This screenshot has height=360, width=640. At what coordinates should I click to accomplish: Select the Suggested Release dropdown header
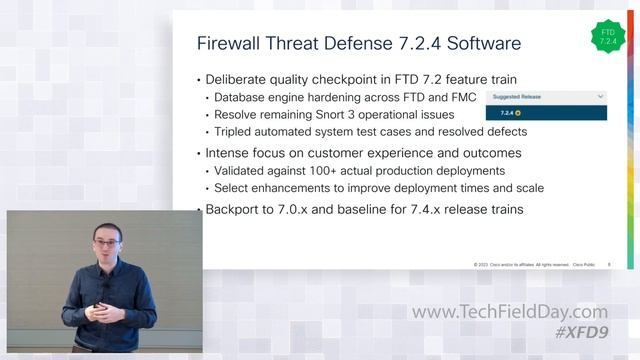(x=546, y=96)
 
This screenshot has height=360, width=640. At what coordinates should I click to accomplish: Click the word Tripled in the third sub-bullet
(x=238, y=131)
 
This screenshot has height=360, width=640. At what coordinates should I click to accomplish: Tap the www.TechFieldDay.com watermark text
(x=509, y=313)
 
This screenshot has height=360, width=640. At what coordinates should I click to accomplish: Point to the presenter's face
(x=106, y=244)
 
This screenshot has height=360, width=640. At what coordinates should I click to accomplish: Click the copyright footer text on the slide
(x=520, y=264)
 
